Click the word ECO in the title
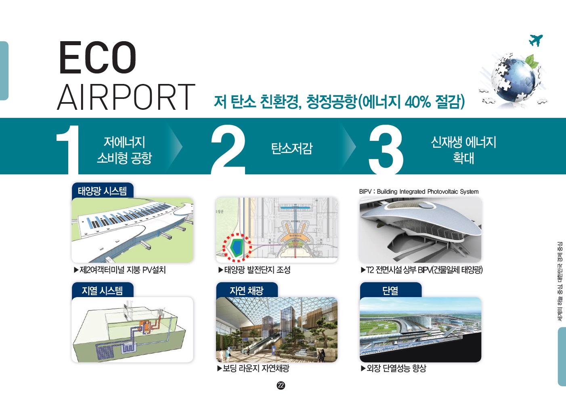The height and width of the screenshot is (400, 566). pos(98,57)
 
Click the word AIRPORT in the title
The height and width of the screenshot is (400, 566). pos(126,97)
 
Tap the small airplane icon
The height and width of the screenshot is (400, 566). pos(536,40)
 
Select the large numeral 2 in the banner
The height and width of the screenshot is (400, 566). pos(228,149)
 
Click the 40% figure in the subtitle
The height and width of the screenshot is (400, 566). pos(418,102)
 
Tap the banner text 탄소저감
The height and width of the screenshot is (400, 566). pos(292,148)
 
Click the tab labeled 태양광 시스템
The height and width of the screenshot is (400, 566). pos(102,191)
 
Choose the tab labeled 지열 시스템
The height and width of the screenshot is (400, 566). pos(102,290)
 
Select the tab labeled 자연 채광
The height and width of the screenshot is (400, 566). pos(247,290)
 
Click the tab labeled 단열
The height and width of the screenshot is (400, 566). pos(391,290)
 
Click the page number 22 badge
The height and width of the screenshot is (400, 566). pos(281,385)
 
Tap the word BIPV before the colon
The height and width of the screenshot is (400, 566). pos(365,192)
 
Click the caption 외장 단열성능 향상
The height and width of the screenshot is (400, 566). pos(396,368)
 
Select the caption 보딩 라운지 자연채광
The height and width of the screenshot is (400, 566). pos(256,368)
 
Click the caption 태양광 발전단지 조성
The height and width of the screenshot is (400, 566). pos(257,270)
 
